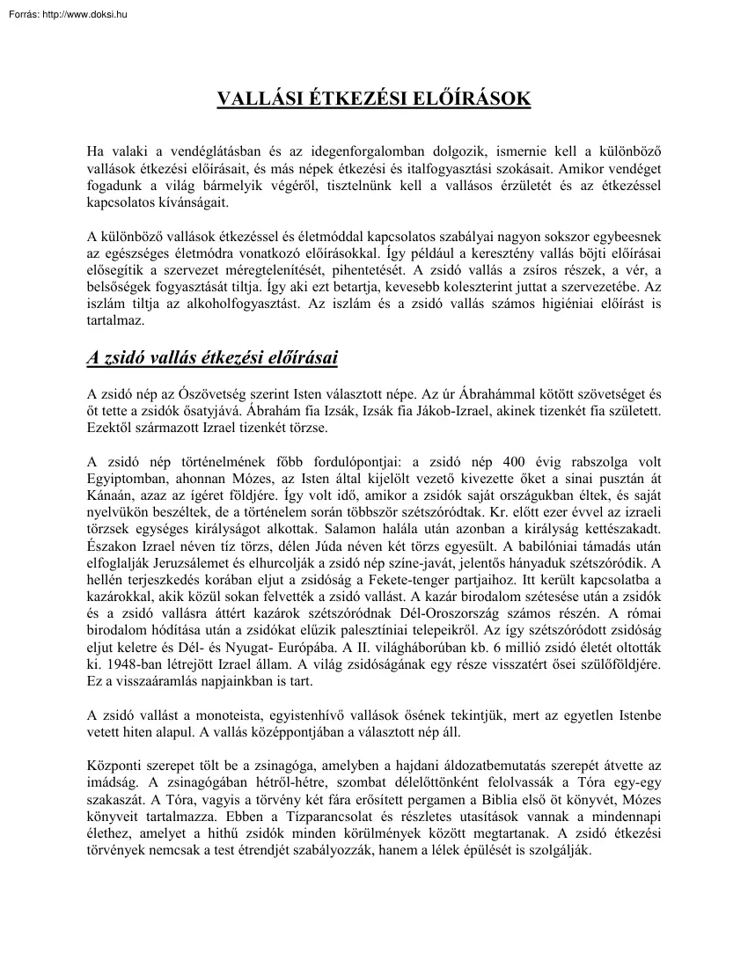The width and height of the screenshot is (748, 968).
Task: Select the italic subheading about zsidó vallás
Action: coord(212,357)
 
